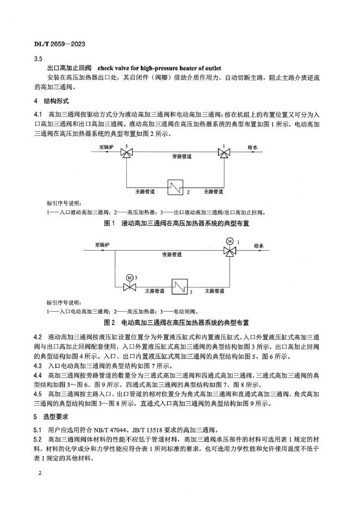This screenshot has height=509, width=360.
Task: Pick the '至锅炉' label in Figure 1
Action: click(x=106, y=147)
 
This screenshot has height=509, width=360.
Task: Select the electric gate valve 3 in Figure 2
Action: click(x=129, y=285)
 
